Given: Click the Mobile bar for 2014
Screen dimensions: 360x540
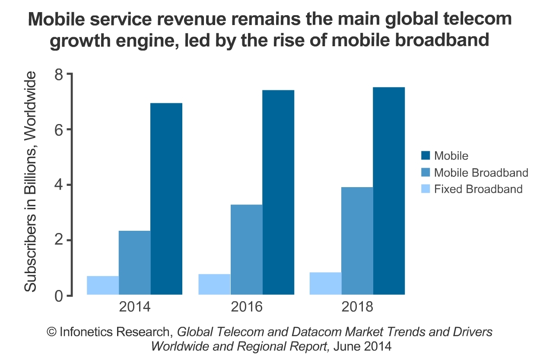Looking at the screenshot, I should [x=166, y=199].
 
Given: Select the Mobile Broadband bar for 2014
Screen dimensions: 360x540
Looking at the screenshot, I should [x=135, y=263].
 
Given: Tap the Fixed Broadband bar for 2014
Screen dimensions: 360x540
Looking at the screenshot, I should [x=103, y=285].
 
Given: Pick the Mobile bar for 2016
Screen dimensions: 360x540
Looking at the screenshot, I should [x=278, y=192].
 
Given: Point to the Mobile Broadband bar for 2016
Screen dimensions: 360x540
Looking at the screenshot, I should [x=247, y=249].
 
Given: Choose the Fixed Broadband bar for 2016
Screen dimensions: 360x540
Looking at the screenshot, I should [x=214, y=284].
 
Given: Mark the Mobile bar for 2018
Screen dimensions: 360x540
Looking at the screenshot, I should [x=389, y=191].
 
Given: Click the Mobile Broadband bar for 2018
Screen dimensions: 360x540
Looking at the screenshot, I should [x=357, y=241].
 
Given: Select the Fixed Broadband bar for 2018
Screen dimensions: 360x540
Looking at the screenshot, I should [x=325, y=284].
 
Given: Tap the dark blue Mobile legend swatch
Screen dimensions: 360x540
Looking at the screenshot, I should [x=426, y=156].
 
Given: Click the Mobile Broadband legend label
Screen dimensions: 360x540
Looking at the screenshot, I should [x=481, y=173].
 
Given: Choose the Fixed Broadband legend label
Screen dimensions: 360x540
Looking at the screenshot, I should [x=478, y=189].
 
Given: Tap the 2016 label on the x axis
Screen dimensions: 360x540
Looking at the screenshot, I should [x=246, y=307].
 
